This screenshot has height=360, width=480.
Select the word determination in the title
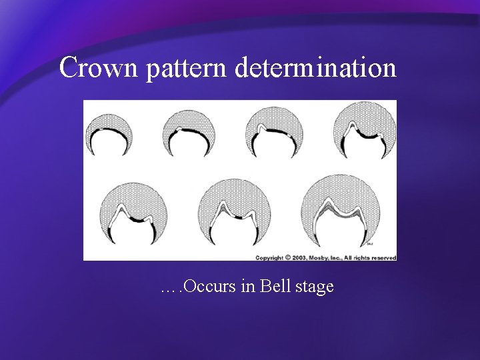pos(315,67)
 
